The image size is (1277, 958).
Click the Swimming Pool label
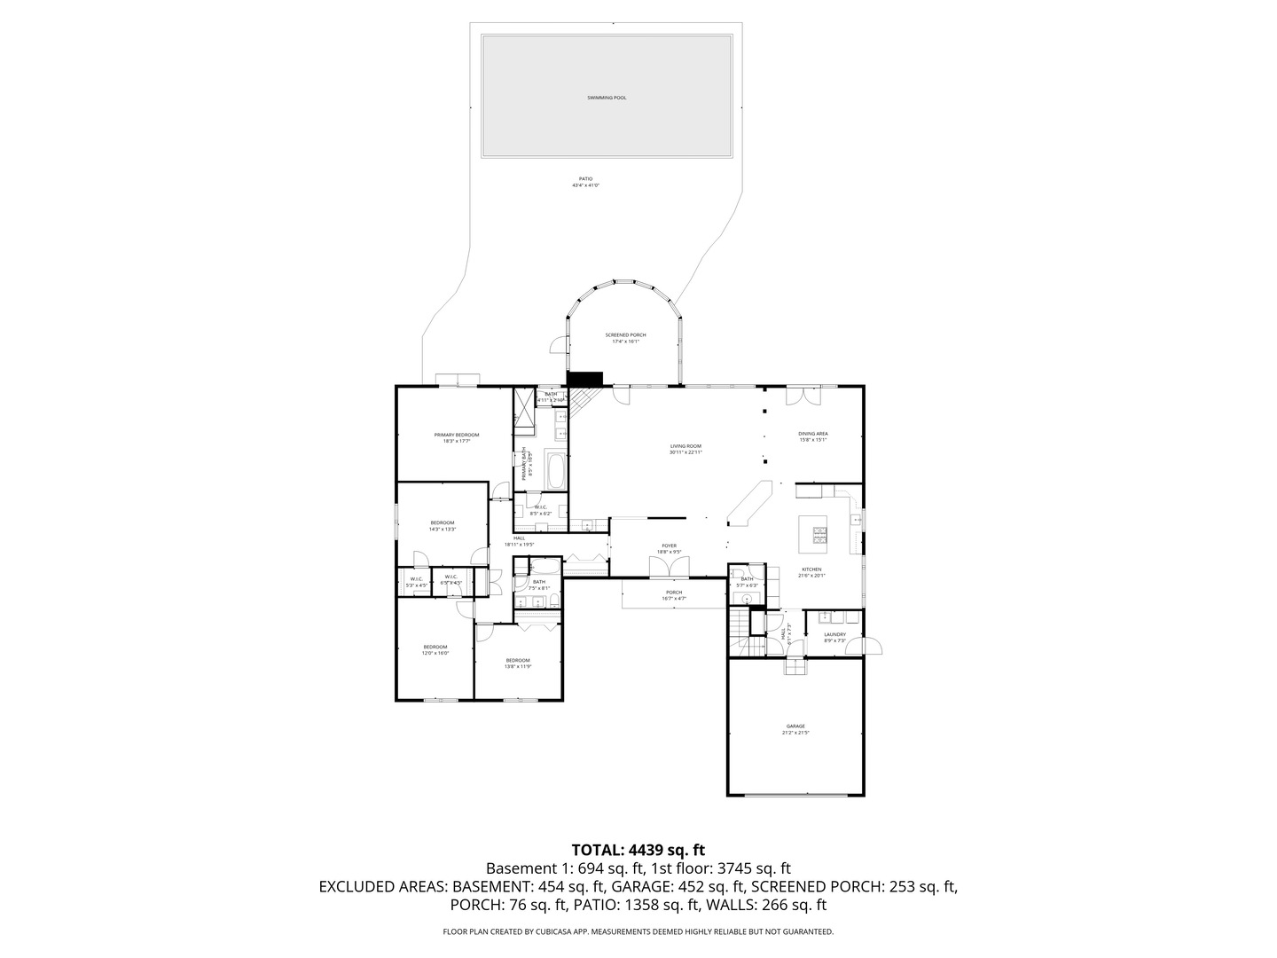(x=607, y=98)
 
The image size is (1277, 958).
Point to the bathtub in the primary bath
(x=556, y=470)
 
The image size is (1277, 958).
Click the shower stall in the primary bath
(x=524, y=411)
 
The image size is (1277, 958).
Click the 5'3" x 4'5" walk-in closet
(x=416, y=582)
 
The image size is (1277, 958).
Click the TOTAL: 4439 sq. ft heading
(x=638, y=850)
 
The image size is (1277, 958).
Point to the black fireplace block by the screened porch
(x=584, y=379)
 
